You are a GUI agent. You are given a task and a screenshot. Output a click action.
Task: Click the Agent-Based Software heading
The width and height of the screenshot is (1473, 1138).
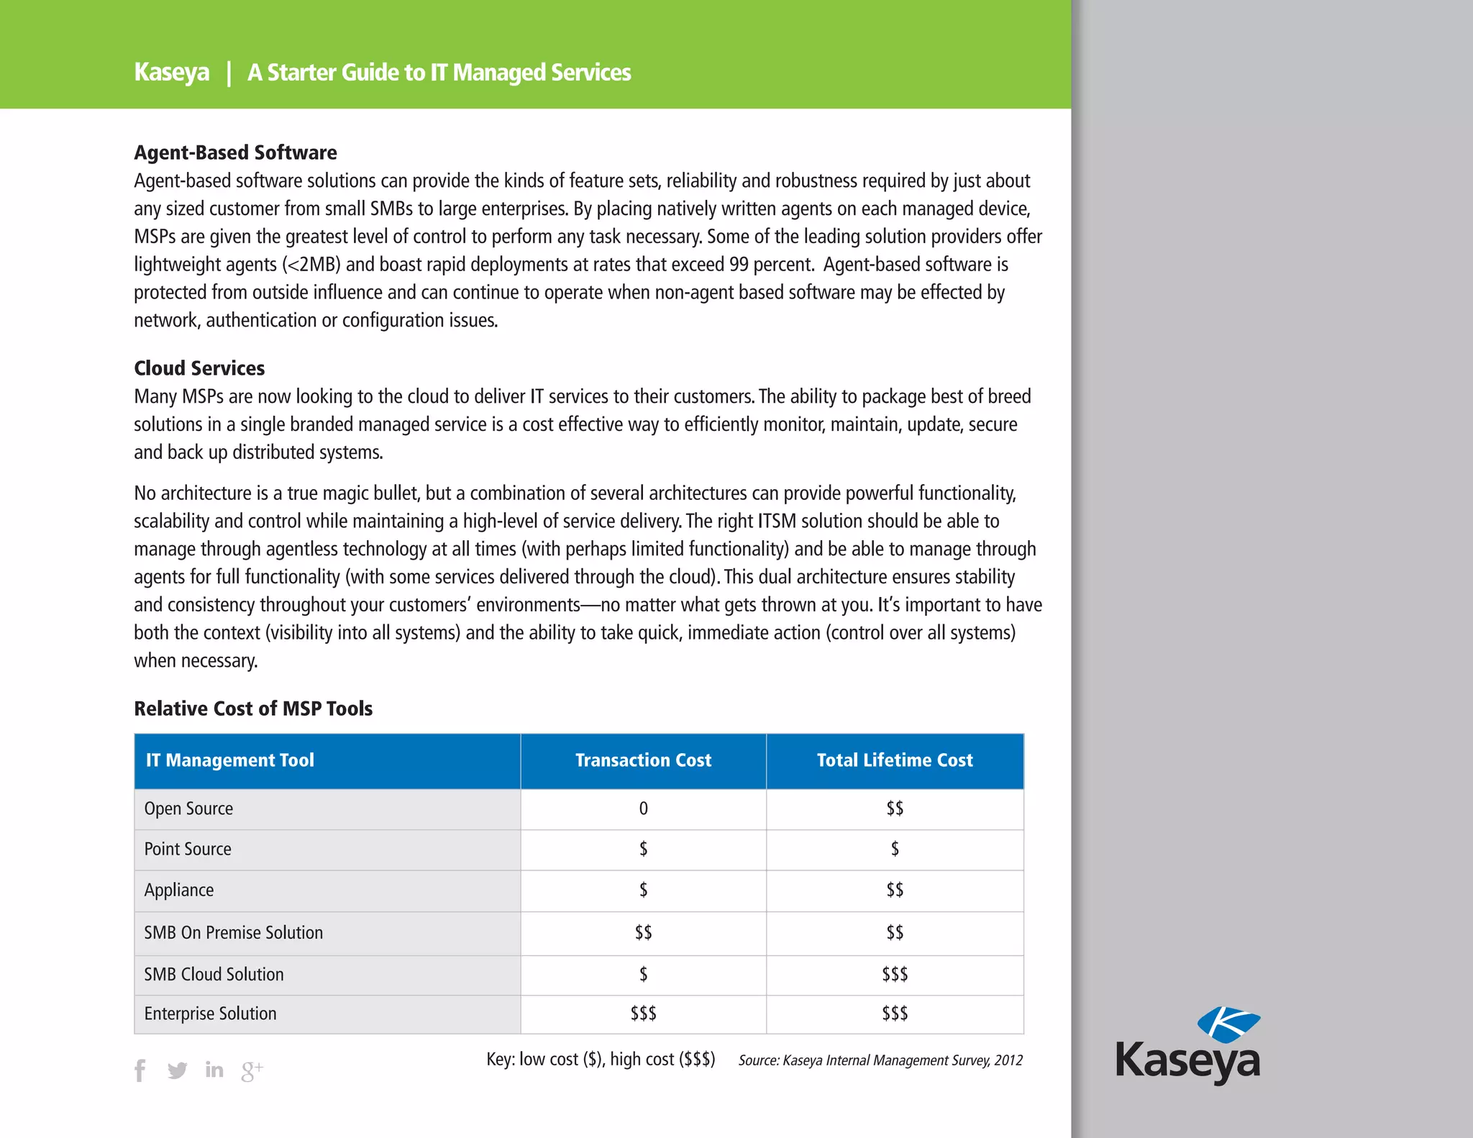(235, 153)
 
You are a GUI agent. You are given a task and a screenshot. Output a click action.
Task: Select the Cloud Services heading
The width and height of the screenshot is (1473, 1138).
(199, 368)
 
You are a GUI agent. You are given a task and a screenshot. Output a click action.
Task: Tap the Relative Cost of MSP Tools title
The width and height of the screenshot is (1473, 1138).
(253, 709)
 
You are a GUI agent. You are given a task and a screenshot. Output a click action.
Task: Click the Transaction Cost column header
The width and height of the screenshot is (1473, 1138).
(643, 760)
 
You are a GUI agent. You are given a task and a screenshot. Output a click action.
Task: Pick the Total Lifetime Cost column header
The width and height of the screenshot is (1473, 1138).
(895, 760)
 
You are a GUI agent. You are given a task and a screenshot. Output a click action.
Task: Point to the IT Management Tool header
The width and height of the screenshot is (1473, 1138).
(230, 760)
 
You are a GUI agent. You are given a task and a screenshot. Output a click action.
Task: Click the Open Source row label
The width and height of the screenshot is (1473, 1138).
(188, 809)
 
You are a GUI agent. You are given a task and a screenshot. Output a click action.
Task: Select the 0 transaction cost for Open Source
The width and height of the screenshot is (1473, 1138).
(643, 809)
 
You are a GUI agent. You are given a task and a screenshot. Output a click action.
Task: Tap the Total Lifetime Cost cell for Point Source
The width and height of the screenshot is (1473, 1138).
(895, 849)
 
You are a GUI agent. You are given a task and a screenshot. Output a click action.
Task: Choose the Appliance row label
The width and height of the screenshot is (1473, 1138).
(179, 890)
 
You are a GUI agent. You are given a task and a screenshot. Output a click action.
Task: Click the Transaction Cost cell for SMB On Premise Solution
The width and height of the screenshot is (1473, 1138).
(643, 932)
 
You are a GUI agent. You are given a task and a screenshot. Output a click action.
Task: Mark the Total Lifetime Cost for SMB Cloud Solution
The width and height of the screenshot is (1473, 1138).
(895, 974)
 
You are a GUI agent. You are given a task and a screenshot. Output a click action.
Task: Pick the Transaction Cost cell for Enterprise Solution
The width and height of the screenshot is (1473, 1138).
(643, 1014)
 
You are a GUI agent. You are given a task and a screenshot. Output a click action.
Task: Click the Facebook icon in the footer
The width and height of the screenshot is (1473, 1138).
(140, 1070)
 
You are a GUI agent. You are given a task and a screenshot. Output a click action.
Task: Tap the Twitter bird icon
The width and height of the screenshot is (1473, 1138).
(177, 1070)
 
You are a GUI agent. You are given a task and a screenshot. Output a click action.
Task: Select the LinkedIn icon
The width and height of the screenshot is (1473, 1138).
(214, 1070)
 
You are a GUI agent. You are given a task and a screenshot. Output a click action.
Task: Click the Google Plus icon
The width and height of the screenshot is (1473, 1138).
(252, 1071)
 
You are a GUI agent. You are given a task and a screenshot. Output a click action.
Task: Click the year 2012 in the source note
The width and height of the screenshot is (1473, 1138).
(1008, 1060)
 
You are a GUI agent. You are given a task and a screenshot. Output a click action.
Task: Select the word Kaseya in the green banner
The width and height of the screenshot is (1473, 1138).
(172, 73)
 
